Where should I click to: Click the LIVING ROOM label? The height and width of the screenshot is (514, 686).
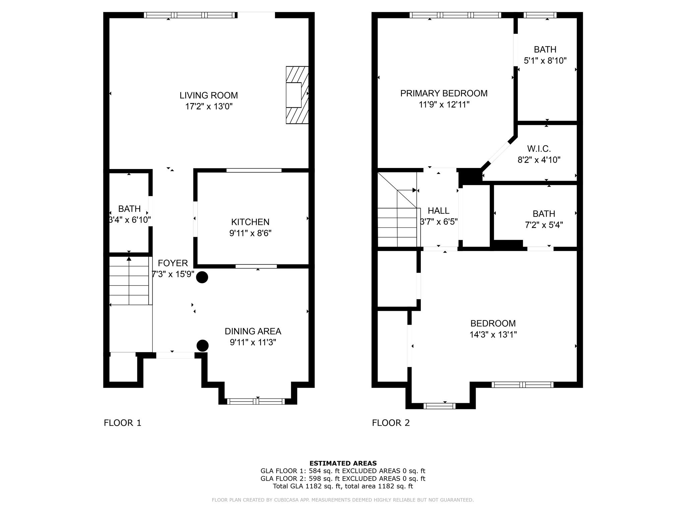point(209,95)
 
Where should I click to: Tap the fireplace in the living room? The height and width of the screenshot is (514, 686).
point(297,95)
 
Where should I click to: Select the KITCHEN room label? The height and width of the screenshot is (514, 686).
point(250,222)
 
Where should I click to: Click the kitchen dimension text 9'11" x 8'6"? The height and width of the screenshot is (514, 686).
point(250,233)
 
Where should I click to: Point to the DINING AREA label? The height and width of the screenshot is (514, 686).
point(253,331)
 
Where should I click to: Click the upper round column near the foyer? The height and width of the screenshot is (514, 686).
point(202,277)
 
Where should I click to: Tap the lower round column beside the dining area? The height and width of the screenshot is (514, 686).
point(202,346)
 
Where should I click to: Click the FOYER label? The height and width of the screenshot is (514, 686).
point(173,263)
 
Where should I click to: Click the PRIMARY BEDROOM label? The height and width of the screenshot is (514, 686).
point(444,93)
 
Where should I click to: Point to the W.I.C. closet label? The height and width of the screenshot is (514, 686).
point(539,149)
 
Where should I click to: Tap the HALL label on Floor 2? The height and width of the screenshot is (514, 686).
point(438,211)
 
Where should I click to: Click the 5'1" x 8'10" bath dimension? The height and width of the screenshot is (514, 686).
point(545,61)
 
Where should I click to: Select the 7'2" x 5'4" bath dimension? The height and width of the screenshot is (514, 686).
point(544,225)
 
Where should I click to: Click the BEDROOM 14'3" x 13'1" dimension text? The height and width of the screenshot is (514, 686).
point(493,335)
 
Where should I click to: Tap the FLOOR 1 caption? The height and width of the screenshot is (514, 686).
point(123,423)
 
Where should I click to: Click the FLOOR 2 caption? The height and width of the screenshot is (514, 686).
point(391,423)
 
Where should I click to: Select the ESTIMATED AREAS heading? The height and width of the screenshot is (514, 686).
point(343,463)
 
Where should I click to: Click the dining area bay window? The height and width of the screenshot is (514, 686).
point(256,401)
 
